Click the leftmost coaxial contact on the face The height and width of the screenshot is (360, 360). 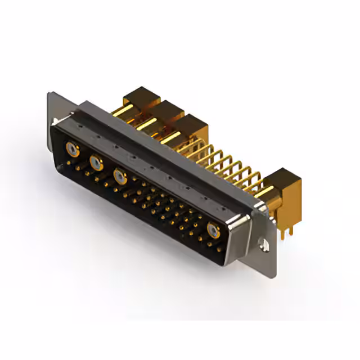click(71, 150)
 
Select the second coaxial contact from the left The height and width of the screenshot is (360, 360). click(96, 163)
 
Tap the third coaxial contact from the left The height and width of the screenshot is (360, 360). click(119, 176)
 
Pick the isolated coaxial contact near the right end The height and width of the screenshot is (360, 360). click(213, 229)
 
